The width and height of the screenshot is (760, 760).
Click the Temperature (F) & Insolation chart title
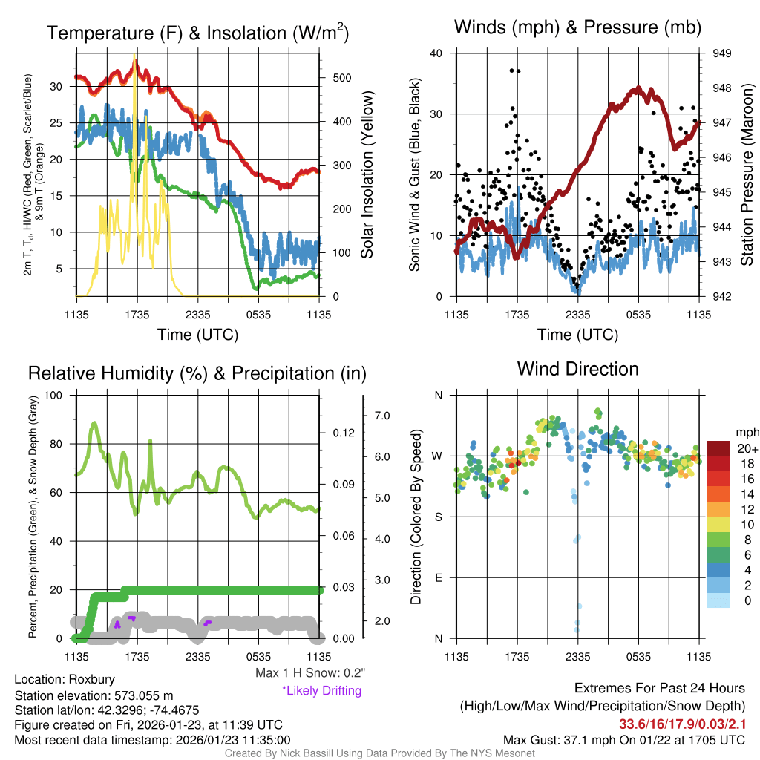coord(197,33)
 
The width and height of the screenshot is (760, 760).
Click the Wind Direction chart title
coord(577,368)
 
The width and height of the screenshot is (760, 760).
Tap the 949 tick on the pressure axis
coord(721,53)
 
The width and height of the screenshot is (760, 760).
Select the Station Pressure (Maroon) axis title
coord(747,175)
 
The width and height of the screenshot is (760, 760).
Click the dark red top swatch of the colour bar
coord(718,448)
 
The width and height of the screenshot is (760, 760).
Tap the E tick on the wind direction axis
coord(438,577)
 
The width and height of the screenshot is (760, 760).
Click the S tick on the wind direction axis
coord(438,517)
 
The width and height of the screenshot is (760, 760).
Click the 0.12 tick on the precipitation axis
coord(336,433)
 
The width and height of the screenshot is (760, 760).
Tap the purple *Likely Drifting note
coord(321,690)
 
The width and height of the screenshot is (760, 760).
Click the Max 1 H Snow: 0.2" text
coord(309,673)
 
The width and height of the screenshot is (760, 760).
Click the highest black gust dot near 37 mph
coord(512,71)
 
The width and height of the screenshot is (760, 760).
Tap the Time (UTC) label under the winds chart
coord(577,335)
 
